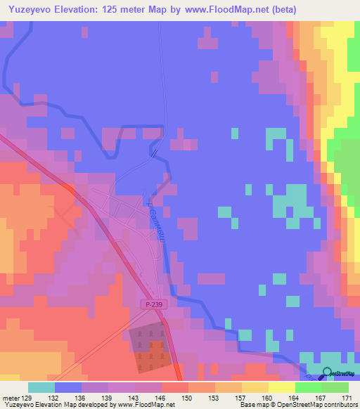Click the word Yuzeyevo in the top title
point(29,10)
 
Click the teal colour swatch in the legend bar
point(41,387)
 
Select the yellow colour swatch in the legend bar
point(281,387)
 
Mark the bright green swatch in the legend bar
point(308,387)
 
